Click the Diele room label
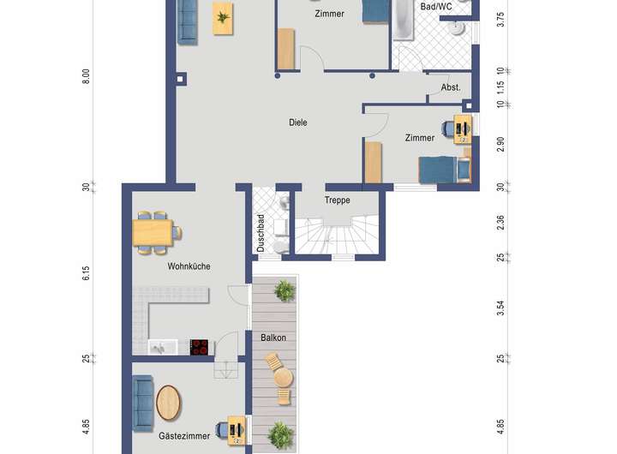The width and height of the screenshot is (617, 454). coord(298,122)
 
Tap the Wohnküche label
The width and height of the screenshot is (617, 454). coord(189,266)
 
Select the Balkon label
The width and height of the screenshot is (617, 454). coord(273,338)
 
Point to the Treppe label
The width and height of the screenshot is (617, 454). coord(338,200)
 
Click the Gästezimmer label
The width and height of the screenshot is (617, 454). coord(184,436)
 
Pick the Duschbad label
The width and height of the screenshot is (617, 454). coord(261,233)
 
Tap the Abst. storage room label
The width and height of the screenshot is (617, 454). coord(451,87)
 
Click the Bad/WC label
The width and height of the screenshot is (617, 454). coord(436,7)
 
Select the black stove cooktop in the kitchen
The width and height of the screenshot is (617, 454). coord(199,347)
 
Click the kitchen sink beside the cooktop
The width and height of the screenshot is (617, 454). coord(163,348)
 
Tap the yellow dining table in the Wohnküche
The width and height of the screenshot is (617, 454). coord(153,232)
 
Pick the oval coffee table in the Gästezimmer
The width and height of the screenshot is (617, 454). coord(169,403)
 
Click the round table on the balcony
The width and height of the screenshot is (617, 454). coord(284,378)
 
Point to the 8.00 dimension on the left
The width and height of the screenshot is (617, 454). coord(86,76)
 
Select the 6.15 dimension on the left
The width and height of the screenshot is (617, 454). coord(86,273)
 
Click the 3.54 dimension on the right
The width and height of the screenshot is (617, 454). coord(500,308)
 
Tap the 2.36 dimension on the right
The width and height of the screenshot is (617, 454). coord(500,223)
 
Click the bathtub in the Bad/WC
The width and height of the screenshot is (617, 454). coord(403,20)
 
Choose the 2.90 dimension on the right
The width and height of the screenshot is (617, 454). coord(500,145)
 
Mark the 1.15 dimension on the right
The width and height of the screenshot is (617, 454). coord(500,87)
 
